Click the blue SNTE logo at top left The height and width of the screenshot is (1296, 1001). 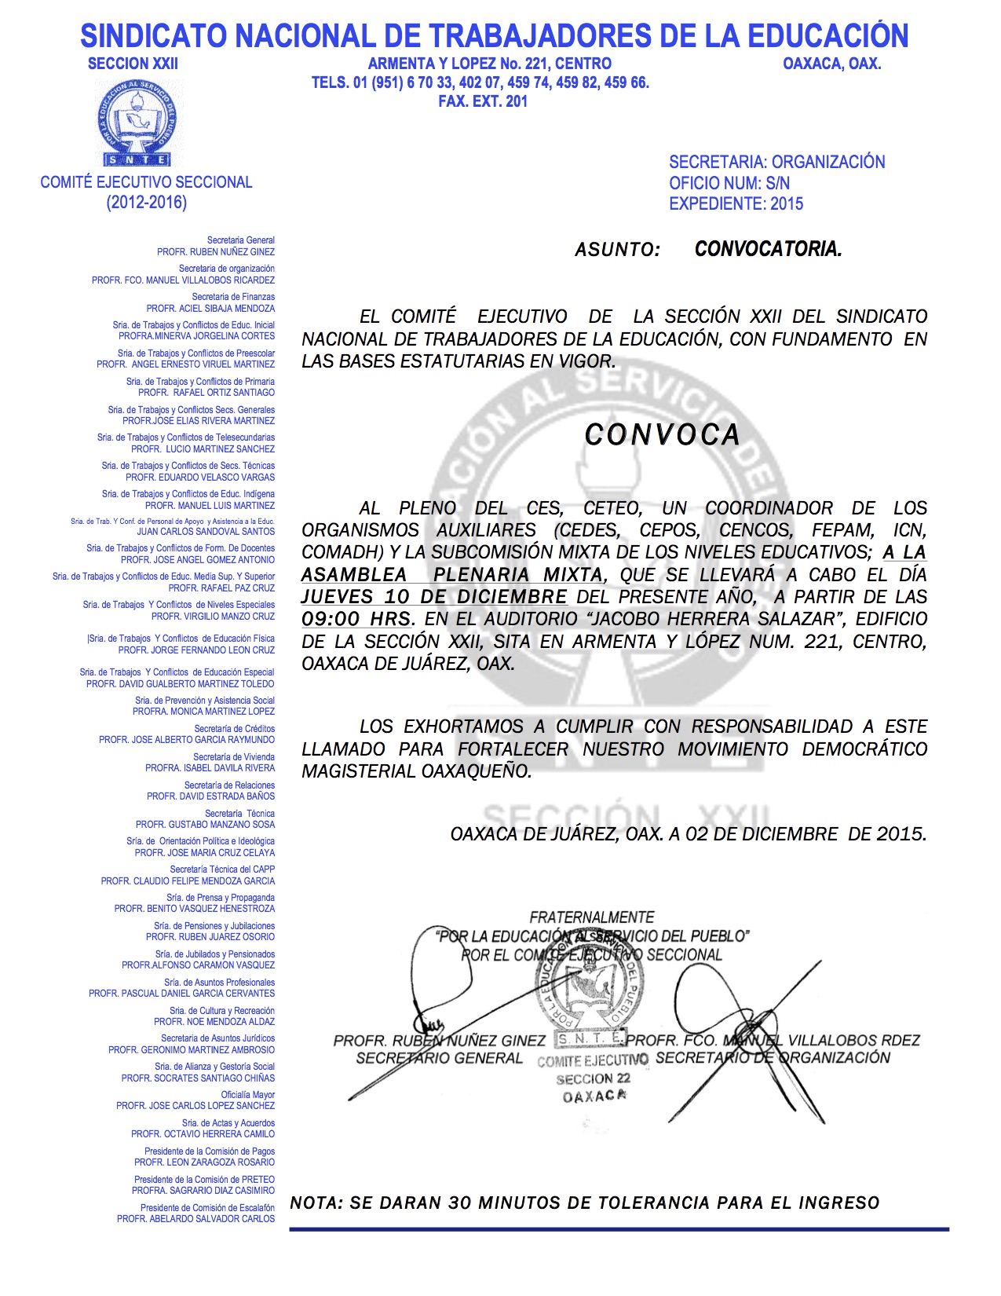click(x=137, y=122)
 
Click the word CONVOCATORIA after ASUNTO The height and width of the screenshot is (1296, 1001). click(x=768, y=250)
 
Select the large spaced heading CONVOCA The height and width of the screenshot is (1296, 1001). click(x=662, y=435)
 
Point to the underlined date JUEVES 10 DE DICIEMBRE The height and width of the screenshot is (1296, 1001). click(x=434, y=597)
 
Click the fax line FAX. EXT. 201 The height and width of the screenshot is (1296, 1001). click(x=483, y=101)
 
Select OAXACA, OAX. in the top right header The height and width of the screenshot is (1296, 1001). click(x=831, y=64)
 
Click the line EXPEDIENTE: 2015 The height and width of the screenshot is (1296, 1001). click(x=736, y=204)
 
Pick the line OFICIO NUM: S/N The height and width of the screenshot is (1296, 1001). click(x=729, y=184)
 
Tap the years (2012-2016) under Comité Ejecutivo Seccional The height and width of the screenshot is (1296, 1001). click(x=147, y=203)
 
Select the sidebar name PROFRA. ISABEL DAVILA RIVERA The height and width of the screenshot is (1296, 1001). click(x=210, y=768)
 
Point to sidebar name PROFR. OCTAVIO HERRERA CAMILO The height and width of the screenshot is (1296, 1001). click(x=203, y=1134)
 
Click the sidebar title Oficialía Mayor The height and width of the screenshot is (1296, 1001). click(x=247, y=1095)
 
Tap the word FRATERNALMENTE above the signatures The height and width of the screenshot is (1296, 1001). click(x=592, y=917)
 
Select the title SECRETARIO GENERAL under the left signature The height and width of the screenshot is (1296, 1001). click(x=439, y=1059)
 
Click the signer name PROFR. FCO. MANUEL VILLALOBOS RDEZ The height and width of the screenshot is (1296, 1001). click(x=773, y=1041)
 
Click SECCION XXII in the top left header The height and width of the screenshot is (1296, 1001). click(x=133, y=64)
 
